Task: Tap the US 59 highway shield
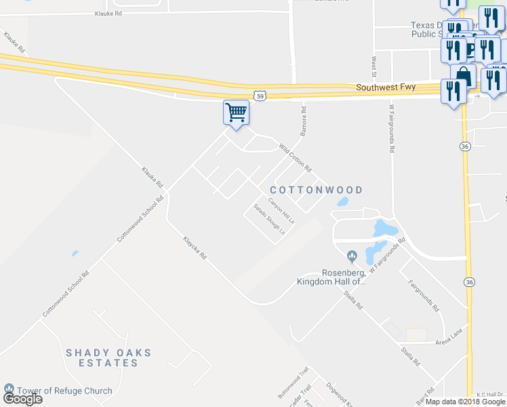pos(260,96)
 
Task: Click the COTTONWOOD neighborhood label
pos(317,190)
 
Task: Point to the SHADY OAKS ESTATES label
pos(108,357)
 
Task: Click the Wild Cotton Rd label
pos(295,157)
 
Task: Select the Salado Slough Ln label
pos(269,220)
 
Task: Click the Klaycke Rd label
pos(194,249)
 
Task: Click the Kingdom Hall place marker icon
pos(352,256)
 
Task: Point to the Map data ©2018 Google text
pos(465,402)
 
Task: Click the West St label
pos(373,66)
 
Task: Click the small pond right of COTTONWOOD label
pos(342,201)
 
